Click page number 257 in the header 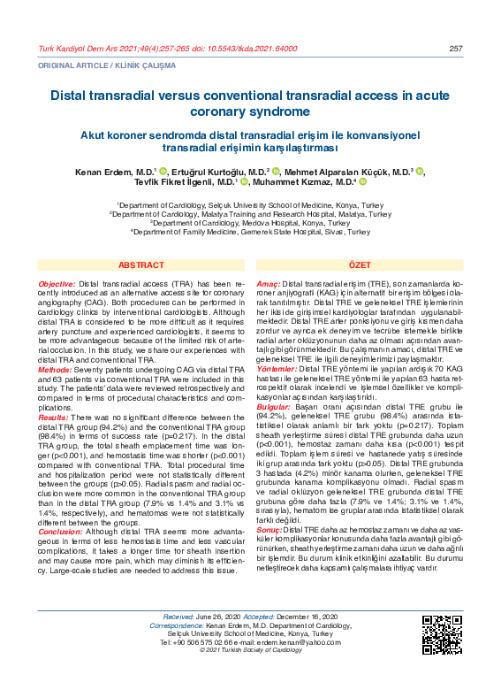point(456,48)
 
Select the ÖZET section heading point(360,265)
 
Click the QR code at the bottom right point(442,658)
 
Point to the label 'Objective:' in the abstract point(57,283)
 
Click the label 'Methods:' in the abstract point(55,368)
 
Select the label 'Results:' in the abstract point(54,418)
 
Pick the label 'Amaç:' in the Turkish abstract point(268,283)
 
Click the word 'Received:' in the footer point(183,640)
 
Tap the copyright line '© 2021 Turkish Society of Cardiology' point(251,677)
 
